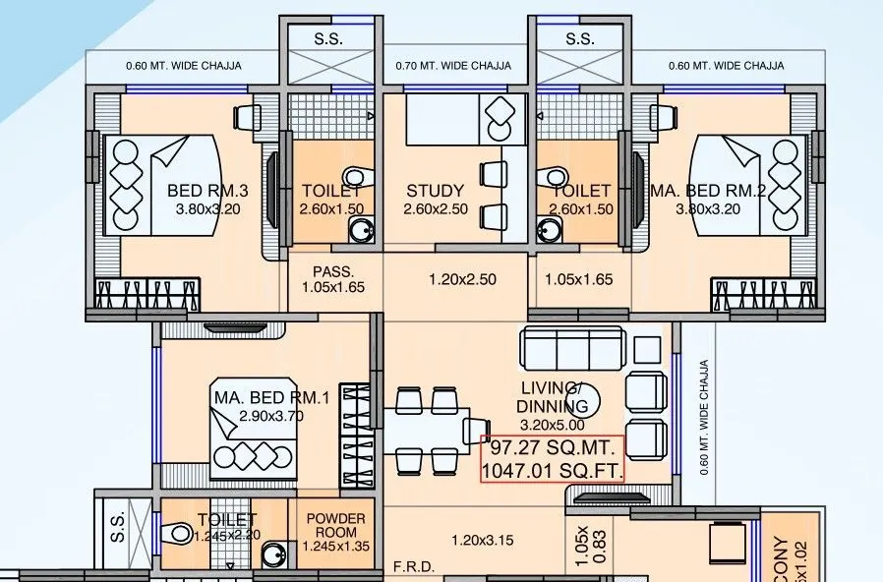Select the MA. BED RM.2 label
pyautogui.click(x=708, y=191)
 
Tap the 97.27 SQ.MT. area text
pyautogui.click(x=551, y=447)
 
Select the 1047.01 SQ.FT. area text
pyautogui.click(x=553, y=471)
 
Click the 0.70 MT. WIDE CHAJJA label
pyautogui.click(x=453, y=66)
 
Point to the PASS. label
pyautogui.click(x=332, y=270)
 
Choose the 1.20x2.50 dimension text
pyautogui.click(x=462, y=279)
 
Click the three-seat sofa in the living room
pyautogui.click(x=572, y=347)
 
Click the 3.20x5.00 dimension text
pyautogui.click(x=553, y=424)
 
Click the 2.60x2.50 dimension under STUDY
pyautogui.click(x=436, y=209)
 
